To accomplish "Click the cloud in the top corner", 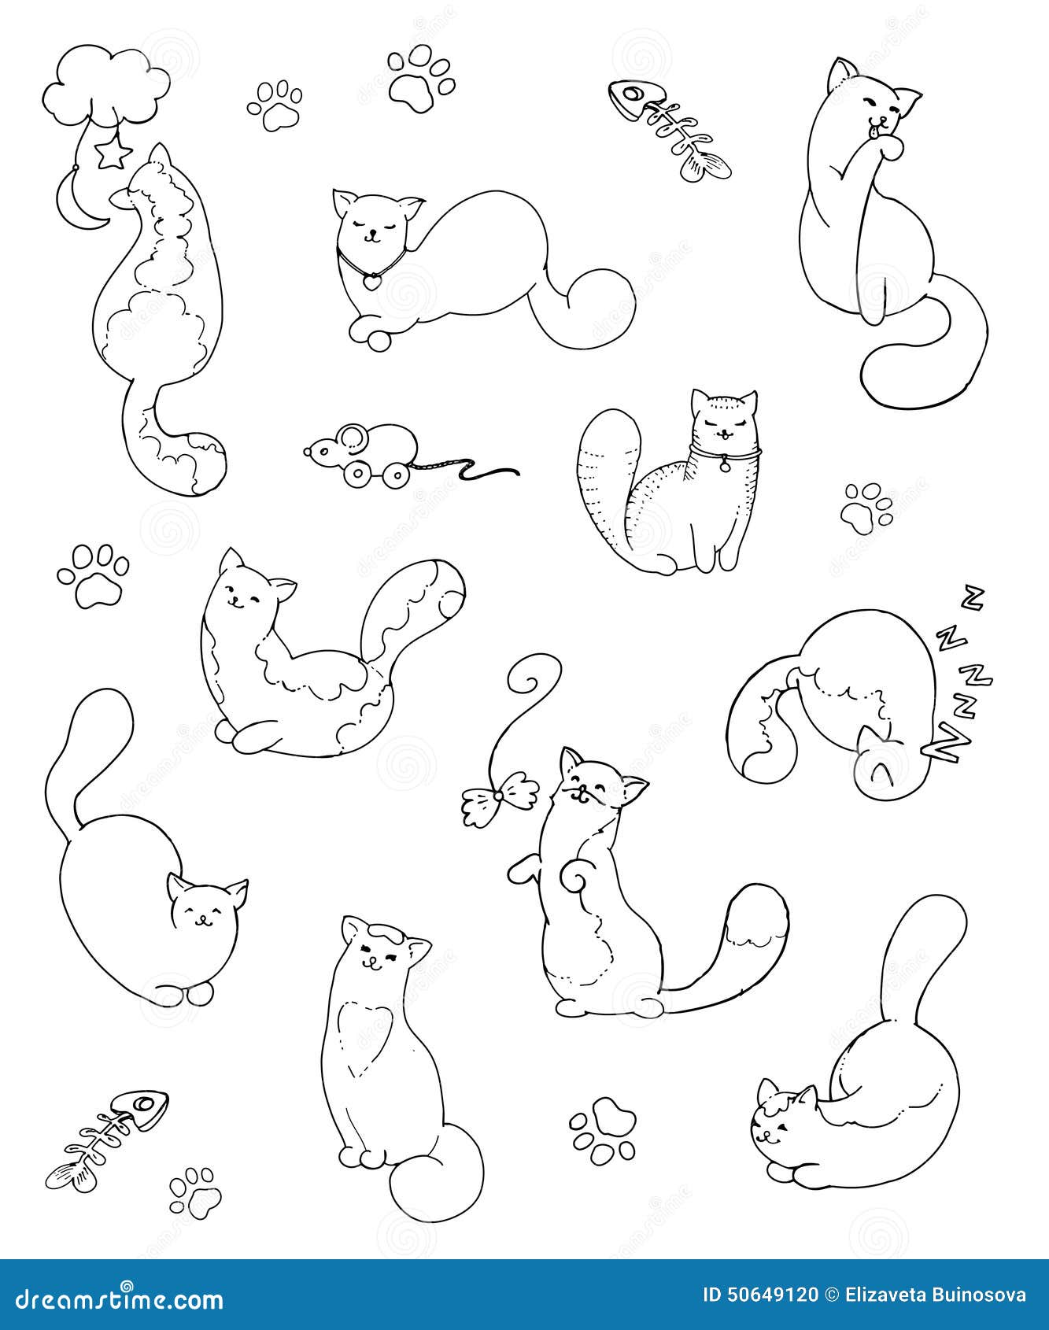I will pyautogui.click(x=105, y=87).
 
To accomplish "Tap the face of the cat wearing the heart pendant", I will pyautogui.click(x=369, y=228).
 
